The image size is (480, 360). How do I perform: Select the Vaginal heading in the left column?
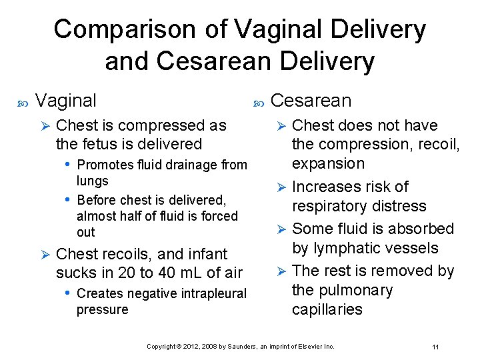[66, 101]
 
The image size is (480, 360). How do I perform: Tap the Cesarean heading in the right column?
[311, 101]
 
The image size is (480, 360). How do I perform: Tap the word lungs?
[92, 181]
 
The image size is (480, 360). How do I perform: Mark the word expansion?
[329, 164]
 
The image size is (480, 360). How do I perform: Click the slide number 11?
[435, 347]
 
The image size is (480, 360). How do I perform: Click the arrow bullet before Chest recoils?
[45, 255]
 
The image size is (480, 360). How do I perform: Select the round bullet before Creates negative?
[69, 293]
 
